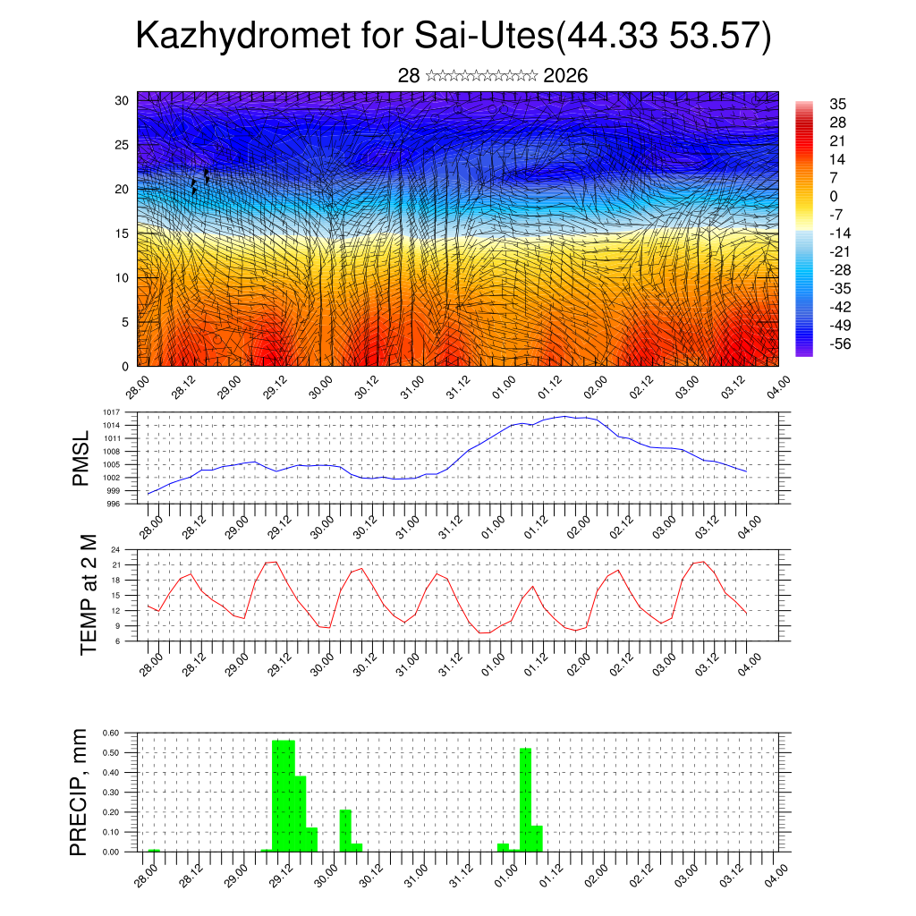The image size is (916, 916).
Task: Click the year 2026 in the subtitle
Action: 565,76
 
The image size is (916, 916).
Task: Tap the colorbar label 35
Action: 837,105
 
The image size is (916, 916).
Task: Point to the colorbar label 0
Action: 834,197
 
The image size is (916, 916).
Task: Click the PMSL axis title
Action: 81,458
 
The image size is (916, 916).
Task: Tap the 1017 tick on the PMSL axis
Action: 111,412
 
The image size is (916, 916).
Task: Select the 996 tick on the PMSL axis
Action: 113,505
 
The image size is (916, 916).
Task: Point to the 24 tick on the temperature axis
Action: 115,550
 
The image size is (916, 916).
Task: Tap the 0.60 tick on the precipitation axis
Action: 110,733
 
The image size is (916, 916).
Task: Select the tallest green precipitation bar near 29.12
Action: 283,796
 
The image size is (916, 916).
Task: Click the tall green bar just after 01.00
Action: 525,800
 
